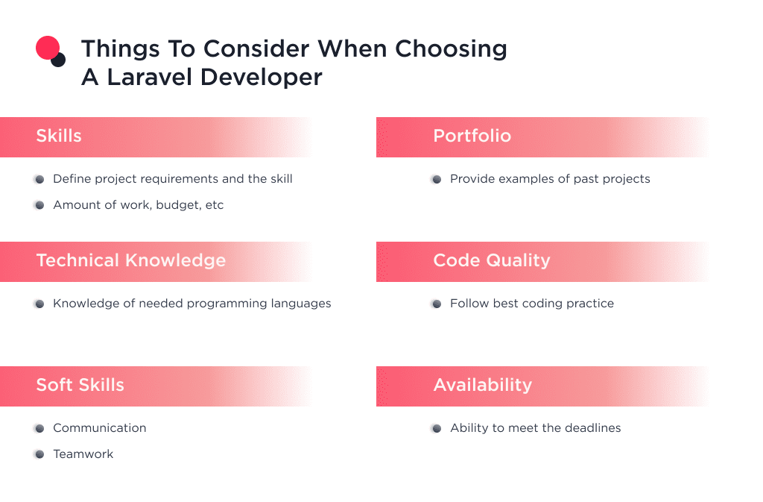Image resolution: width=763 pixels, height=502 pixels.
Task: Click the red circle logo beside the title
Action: (47, 47)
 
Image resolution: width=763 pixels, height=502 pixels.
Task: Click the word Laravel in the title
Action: (151, 77)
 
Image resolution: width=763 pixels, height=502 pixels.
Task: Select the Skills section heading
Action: (59, 136)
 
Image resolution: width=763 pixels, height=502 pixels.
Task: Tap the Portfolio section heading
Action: (472, 136)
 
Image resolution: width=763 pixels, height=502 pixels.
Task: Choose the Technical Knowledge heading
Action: (130, 260)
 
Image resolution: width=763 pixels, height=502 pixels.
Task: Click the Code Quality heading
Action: (491, 260)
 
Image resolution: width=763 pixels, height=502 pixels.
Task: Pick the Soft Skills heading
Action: (80, 385)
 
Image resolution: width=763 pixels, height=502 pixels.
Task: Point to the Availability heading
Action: (482, 385)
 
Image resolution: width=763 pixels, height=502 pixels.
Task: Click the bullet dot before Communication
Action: (39, 428)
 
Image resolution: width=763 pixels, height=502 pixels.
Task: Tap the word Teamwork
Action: (83, 454)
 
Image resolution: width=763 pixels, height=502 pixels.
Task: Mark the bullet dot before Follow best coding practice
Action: (436, 304)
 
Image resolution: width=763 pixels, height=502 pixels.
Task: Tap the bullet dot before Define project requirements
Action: (39, 179)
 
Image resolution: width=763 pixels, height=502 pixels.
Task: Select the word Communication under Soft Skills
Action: (99, 428)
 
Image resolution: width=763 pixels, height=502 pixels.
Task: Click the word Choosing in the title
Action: (451, 48)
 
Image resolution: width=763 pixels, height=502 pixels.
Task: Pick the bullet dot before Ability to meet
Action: (436, 428)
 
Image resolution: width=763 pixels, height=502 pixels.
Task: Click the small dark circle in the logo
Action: (59, 60)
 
